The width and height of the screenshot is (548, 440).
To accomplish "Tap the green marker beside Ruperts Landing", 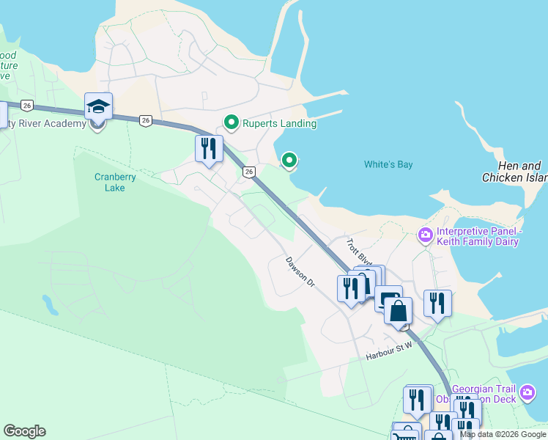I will pyautogui.click(x=232, y=122).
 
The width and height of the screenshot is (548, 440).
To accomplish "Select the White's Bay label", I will pyautogui.click(x=388, y=164).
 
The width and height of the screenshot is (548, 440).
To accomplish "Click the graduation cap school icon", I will pyautogui.click(x=98, y=108).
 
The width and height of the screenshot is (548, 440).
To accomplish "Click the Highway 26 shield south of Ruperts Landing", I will pyautogui.click(x=250, y=172).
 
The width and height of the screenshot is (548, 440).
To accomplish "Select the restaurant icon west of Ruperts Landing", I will pyautogui.click(x=209, y=149).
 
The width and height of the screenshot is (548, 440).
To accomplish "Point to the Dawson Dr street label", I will pyautogui.click(x=300, y=271).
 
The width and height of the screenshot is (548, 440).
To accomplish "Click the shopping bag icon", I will pyautogui.click(x=398, y=310).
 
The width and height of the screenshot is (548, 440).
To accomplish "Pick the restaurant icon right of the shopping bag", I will pyautogui.click(x=437, y=303).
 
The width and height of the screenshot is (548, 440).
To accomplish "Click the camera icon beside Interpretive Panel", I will pyautogui.click(x=425, y=235).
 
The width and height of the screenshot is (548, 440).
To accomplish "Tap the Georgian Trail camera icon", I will pyautogui.click(x=528, y=393).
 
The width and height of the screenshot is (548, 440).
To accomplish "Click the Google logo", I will pyautogui.click(x=24, y=431).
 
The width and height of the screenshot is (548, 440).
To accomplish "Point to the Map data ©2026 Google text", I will pyautogui.click(x=502, y=434).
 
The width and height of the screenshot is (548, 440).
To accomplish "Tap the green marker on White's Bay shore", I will pyautogui.click(x=289, y=159).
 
